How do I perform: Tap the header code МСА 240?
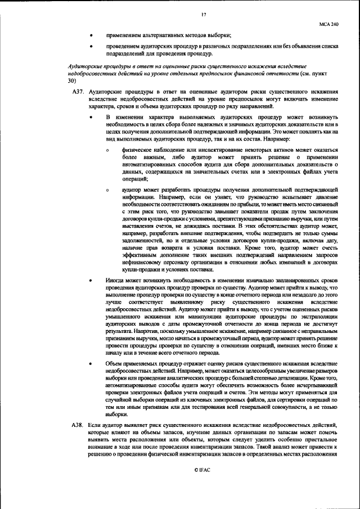[328, 25]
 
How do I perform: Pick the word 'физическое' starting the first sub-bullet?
[136, 150]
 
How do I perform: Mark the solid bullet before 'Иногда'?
[92, 280]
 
